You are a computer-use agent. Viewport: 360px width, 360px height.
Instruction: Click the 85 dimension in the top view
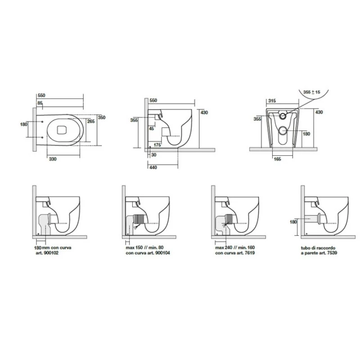tap(40, 103)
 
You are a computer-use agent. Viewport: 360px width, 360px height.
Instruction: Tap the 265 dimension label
tap(91, 121)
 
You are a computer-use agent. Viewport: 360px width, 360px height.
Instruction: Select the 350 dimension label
tap(102, 117)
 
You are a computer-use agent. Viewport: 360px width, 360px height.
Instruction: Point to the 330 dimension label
tap(53, 159)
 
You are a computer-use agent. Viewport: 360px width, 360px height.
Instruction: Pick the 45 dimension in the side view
tap(152, 129)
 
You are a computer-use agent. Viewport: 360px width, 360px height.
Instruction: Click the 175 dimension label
tap(157, 145)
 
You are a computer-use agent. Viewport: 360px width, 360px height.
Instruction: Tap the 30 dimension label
tap(154, 155)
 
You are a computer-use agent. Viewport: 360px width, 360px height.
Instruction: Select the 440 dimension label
tap(153, 167)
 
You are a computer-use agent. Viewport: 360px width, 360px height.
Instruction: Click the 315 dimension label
tap(272, 101)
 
